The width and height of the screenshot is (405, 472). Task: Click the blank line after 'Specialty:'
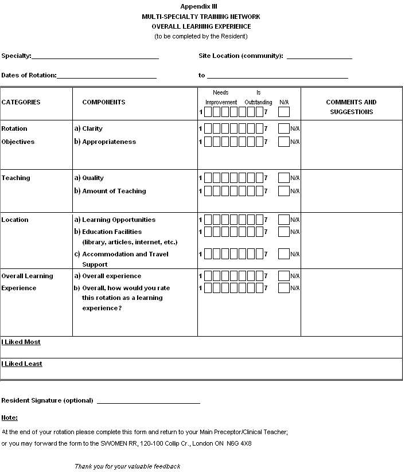pos(95,57)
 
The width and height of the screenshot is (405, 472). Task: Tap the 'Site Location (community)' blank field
pos(319,57)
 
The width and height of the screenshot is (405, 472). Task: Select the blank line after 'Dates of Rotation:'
pos(107,76)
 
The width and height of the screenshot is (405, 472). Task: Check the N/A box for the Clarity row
pos(283,128)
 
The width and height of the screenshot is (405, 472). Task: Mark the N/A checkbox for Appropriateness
pos(283,142)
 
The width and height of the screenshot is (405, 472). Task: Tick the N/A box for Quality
pos(283,178)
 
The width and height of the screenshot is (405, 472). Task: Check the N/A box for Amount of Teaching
pos(283,191)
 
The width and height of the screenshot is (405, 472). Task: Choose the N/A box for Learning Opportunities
pos(283,220)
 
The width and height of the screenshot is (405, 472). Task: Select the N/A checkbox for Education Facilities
pos(283,232)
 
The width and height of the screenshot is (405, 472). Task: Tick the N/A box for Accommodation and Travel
pos(283,254)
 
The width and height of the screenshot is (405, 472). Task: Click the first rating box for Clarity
pos(208,128)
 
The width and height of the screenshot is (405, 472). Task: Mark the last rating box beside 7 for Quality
pos(259,178)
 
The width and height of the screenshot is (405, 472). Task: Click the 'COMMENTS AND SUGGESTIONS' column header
pos(351,107)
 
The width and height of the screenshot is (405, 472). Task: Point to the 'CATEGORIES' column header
pos(21,102)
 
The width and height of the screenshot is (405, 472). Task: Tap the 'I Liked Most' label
pos(21,342)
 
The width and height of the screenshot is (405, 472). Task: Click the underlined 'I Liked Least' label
pos(22,364)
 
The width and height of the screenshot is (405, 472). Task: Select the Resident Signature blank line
pos(148,401)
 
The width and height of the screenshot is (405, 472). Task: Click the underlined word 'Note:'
pos(9,418)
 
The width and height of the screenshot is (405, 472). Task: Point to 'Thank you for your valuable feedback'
pos(127,466)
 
